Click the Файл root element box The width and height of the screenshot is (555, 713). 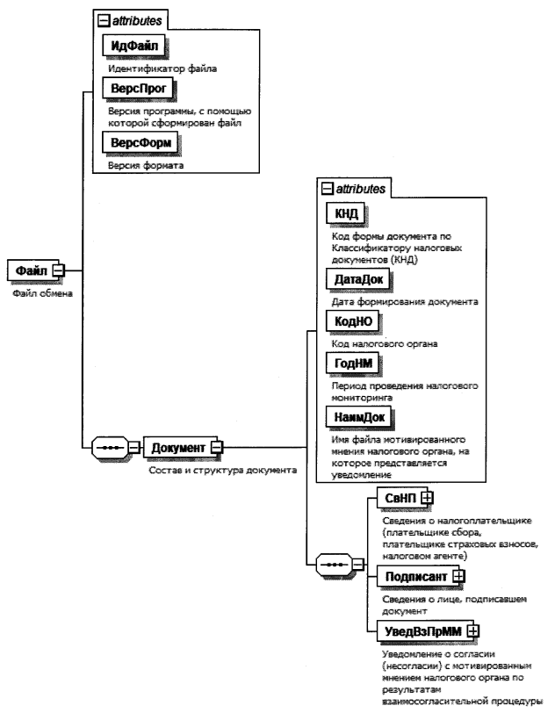[x=32, y=270]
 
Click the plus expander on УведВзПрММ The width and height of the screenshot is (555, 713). [x=474, y=630]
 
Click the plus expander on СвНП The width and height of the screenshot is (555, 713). [x=427, y=499]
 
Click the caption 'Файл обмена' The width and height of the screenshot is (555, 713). [x=37, y=292]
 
